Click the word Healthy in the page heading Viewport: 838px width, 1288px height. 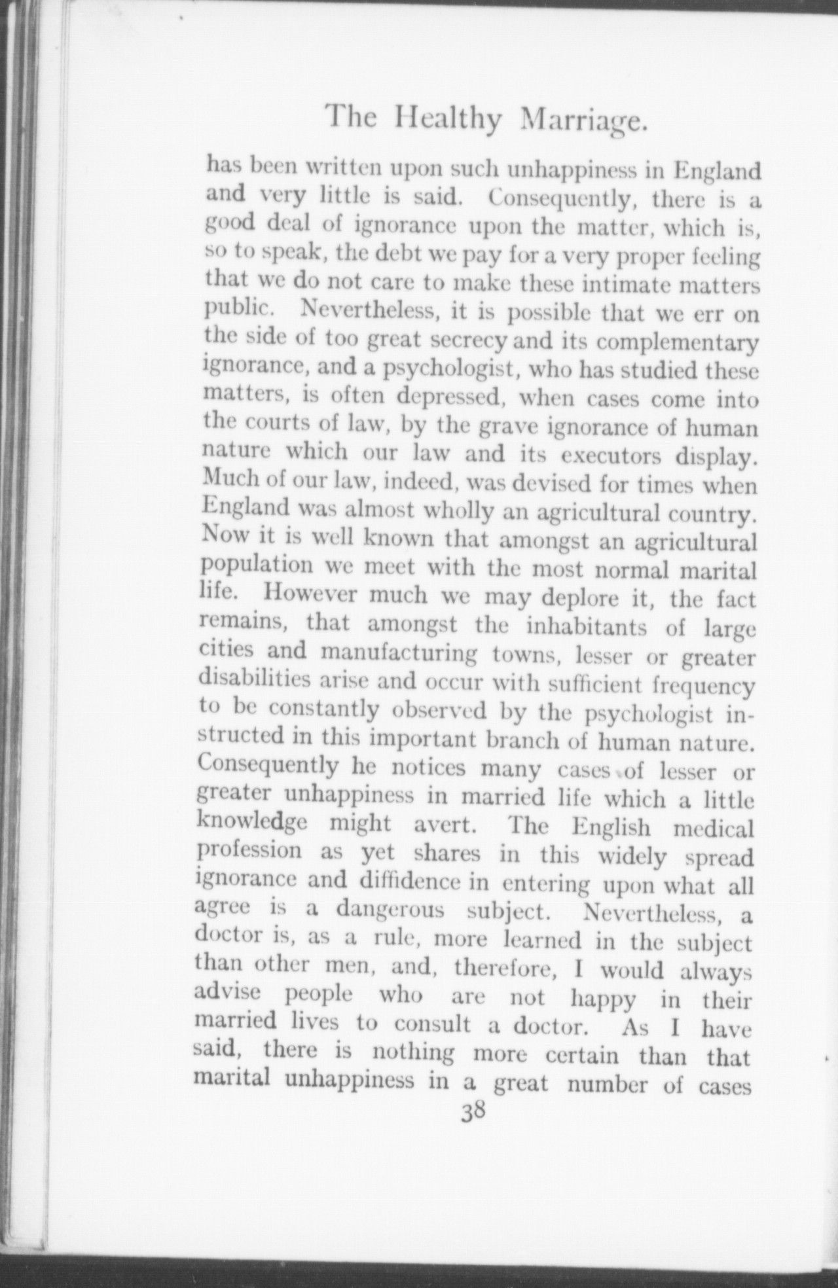(449, 119)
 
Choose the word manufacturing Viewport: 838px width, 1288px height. (400, 653)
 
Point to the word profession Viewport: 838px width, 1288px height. (249, 851)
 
